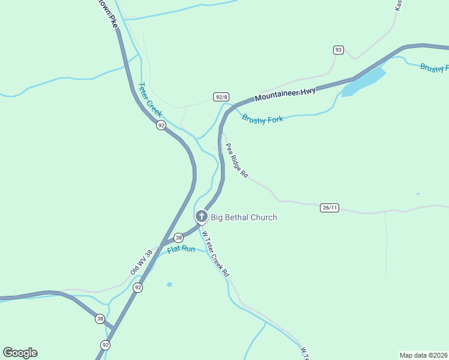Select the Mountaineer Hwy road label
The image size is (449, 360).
tap(285, 94)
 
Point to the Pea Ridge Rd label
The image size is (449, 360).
tap(237, 160)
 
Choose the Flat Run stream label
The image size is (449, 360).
tap(181, 248)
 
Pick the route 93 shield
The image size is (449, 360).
tap(339, 50)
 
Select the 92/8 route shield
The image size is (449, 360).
tap(221, 97)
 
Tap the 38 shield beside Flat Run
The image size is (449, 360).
tap(178, 238)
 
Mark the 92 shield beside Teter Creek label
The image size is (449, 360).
tap(161, 125)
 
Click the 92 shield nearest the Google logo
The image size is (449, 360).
tap(106, 344)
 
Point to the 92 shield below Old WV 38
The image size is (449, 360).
tap(138, 287)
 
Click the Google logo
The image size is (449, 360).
tap(20, 353)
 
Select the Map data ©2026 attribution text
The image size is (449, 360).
tap(423, 355)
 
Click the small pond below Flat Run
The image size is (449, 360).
tap(169, 284)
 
